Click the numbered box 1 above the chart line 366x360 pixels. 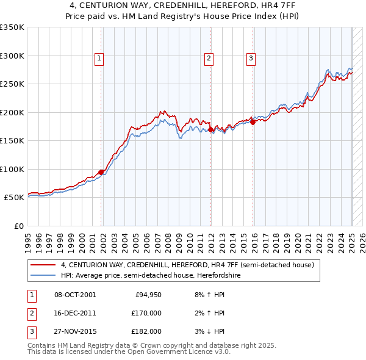click(x=99, y=59)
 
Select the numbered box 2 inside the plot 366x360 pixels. click(x=209, y=59)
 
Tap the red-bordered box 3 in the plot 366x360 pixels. click(x=251, y=59)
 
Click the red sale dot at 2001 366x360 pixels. click(x=101, y=172)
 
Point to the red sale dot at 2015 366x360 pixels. click(x=253, y=123)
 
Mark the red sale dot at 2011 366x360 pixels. click(x=210, y=129)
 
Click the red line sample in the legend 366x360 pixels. click(x=43, y=265)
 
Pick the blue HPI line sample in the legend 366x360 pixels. click(x=43, y=275)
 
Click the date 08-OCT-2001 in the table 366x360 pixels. click(x=75, y=295)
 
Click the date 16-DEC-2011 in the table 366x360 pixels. click(x=75, y=313)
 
